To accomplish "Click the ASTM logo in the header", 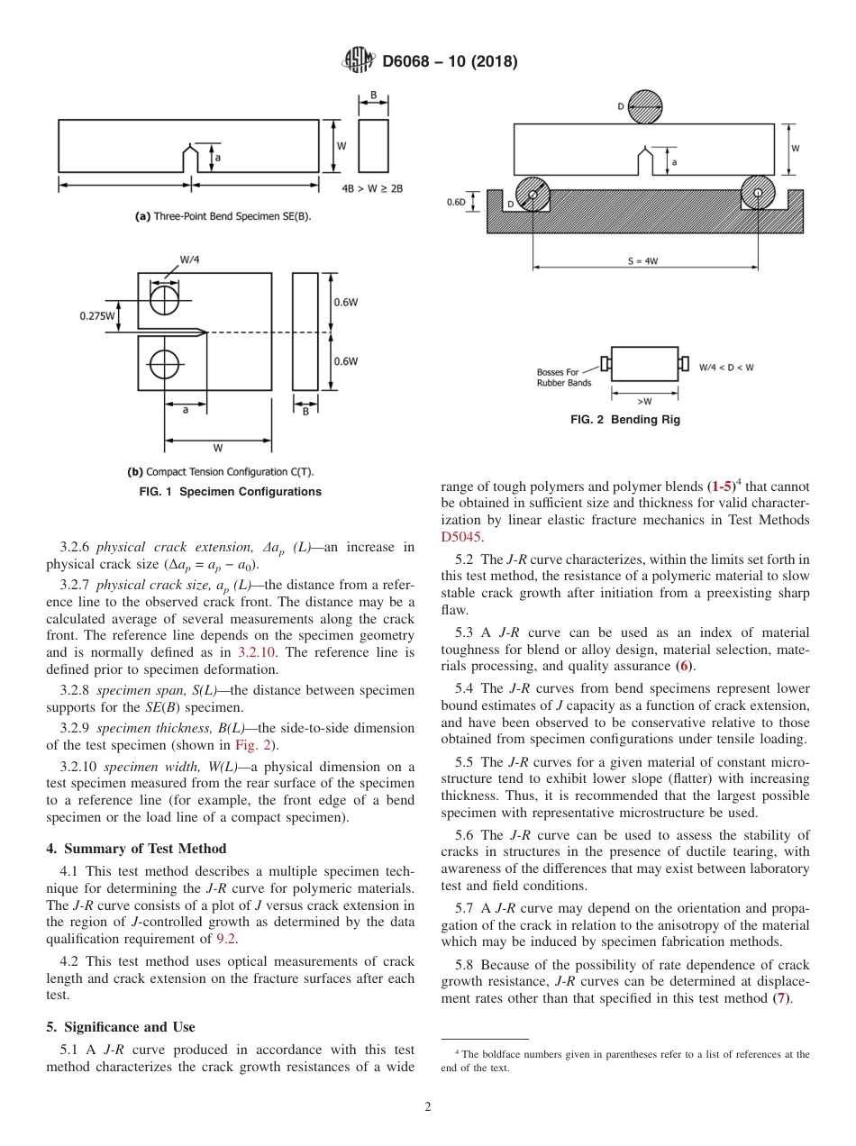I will [359, 61].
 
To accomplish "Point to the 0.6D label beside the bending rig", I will [457, 202].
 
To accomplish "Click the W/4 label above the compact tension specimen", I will [189, 259].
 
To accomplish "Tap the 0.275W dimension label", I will [97, 315].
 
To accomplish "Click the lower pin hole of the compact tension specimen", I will [164, 365].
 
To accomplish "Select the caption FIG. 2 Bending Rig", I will [625, 420].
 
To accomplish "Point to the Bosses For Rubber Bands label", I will [564, 377].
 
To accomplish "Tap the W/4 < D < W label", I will [727, 367].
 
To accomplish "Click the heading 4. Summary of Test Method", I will [136, 849].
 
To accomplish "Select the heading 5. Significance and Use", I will [121, 1027].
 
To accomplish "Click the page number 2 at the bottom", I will [428, 1107].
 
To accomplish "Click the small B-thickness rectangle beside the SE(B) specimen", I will [373, 146].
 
